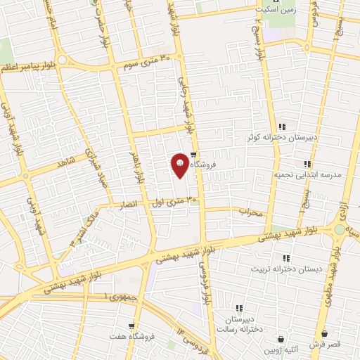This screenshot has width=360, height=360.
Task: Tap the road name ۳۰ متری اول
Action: (x=174, y=203)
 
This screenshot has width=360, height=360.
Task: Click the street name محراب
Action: (x=250, y=211)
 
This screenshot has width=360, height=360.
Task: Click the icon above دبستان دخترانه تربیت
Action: (x=285, y=258)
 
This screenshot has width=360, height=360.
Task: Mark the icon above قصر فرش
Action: (x=324, y=334)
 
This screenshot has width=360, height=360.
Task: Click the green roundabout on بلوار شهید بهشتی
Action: (x=340, y=230)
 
